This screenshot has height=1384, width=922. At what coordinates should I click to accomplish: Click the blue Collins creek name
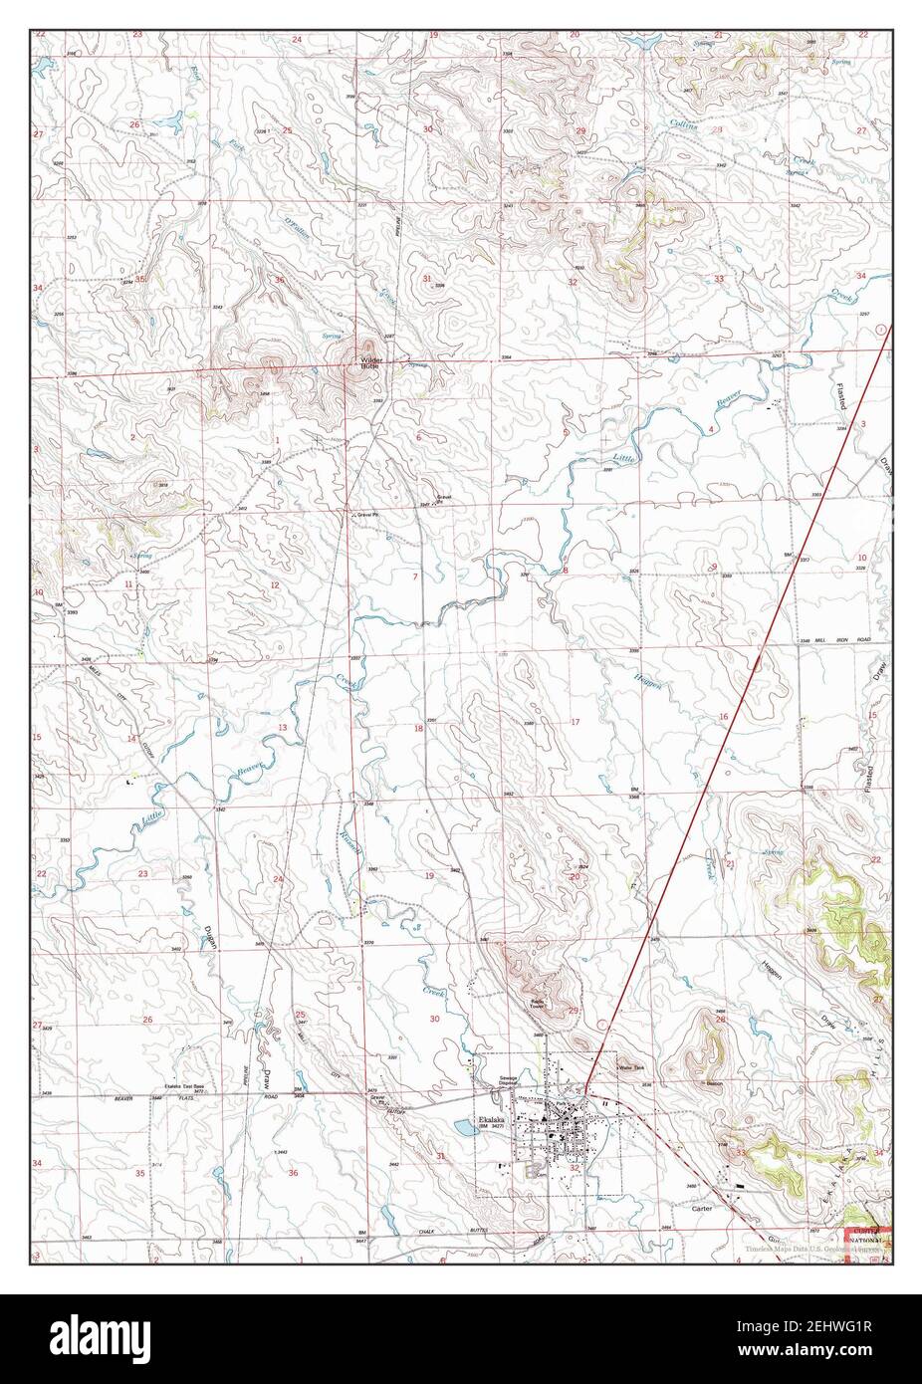coord(682,126)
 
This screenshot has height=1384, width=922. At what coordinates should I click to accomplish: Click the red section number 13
coord(282,728)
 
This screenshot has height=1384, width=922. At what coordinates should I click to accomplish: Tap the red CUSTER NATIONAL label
coord(864,1236)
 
